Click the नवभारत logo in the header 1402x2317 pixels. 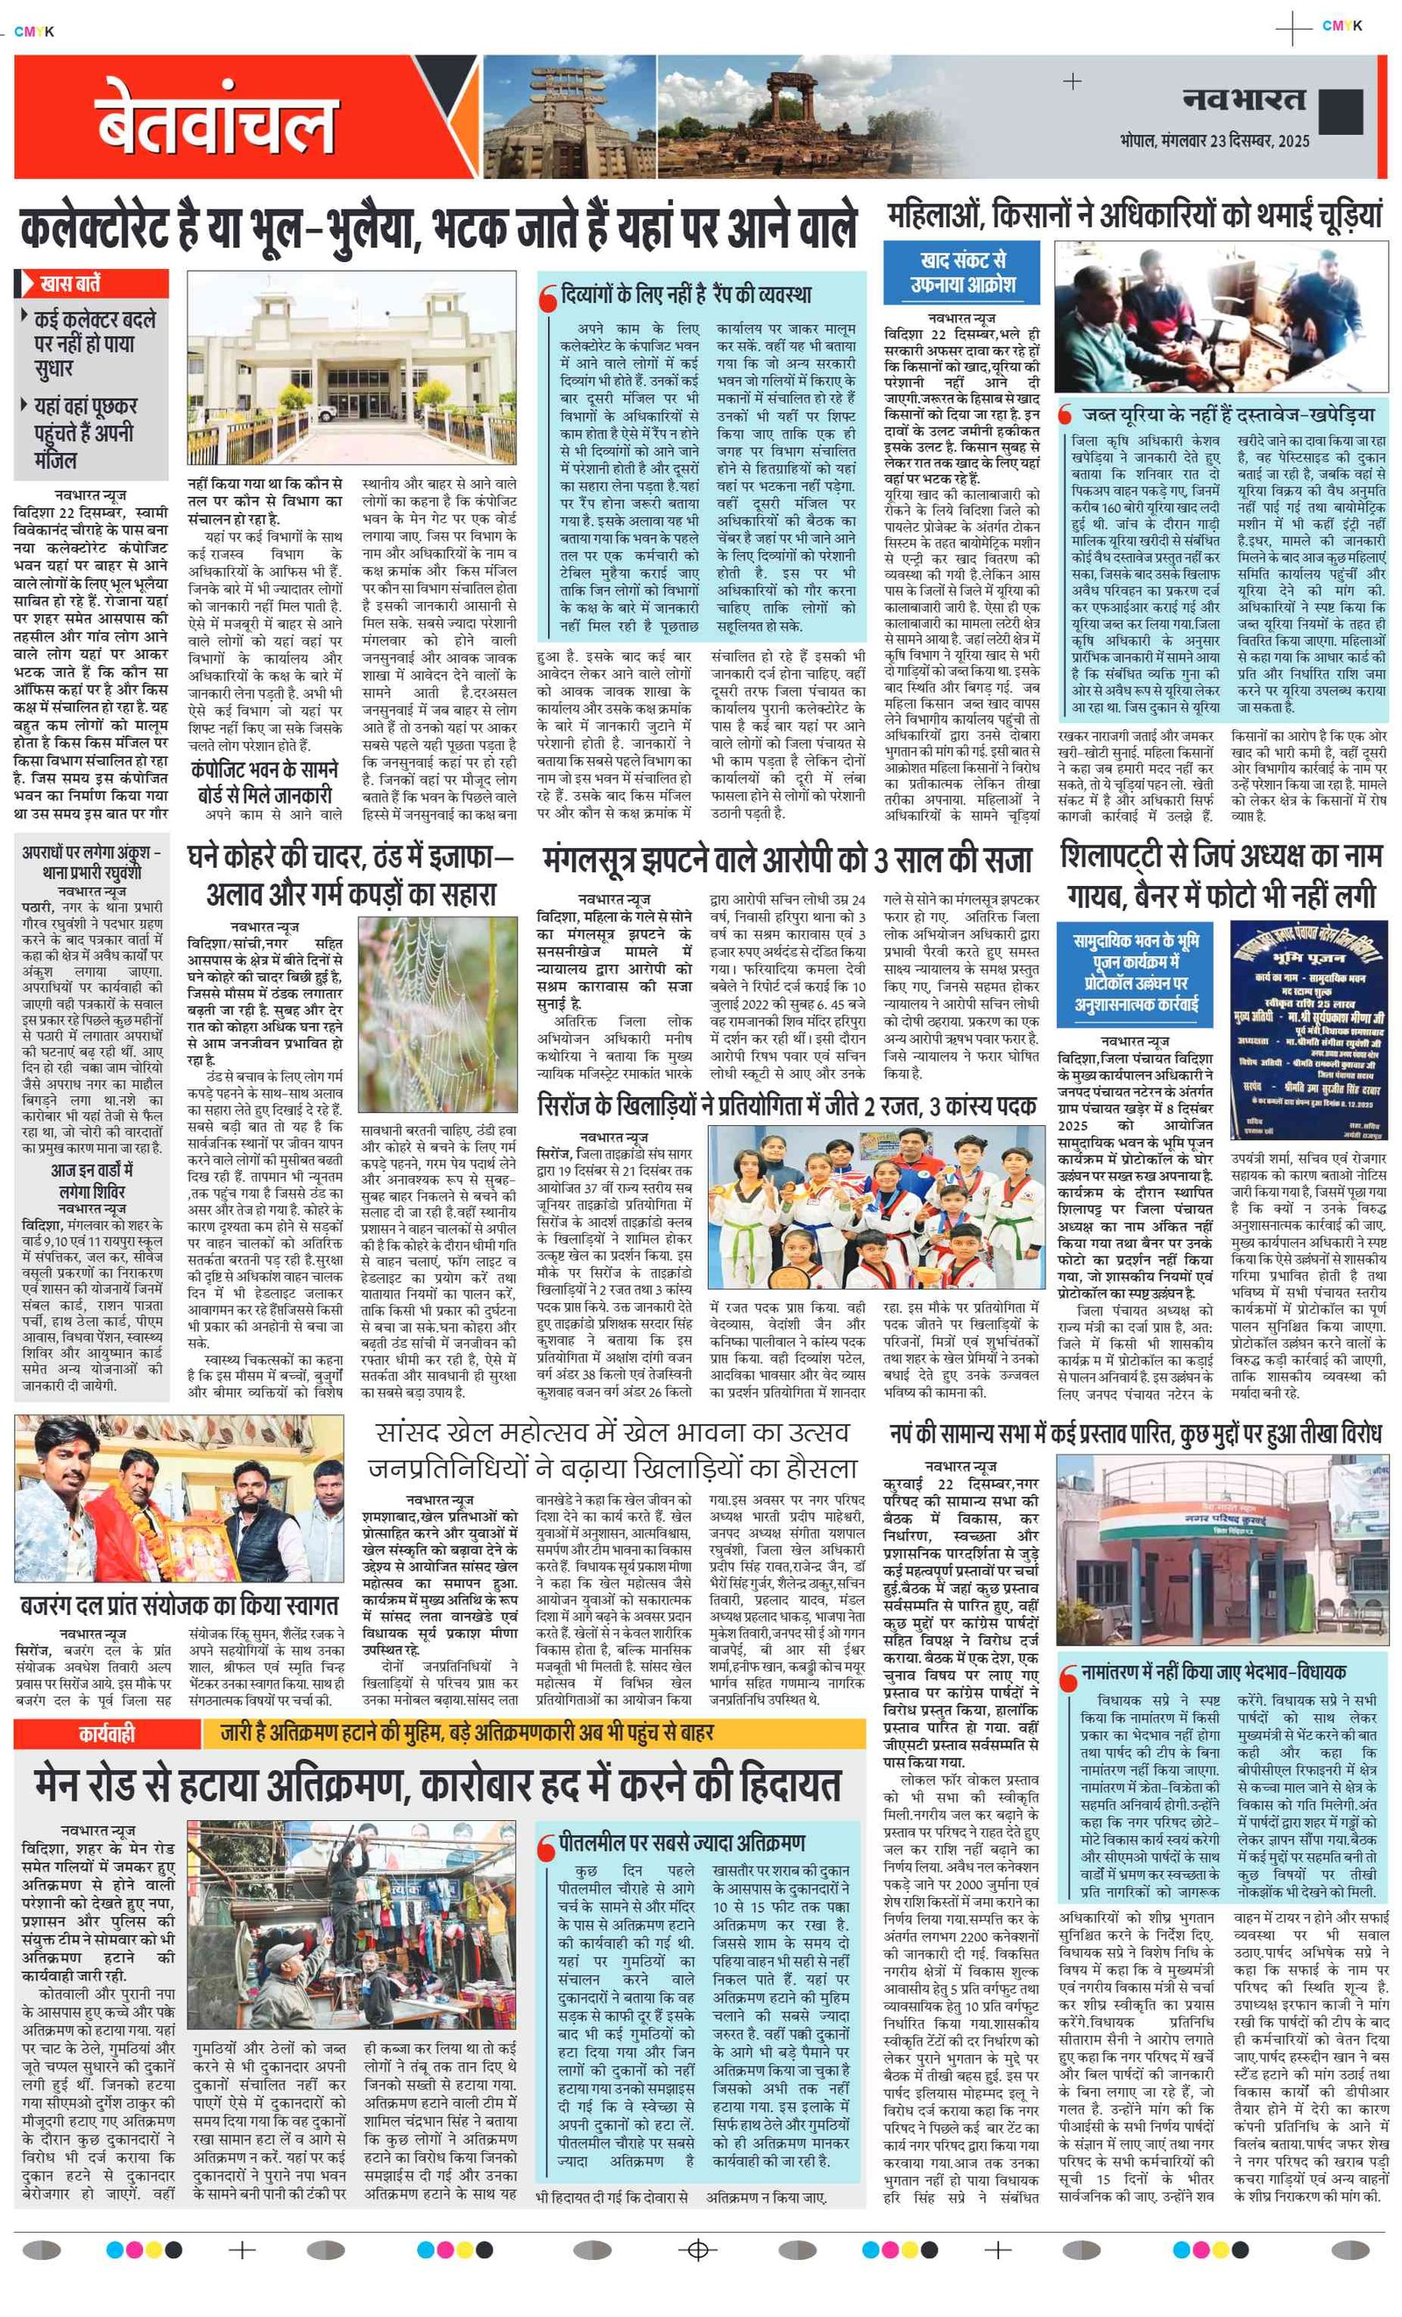[1243, 100]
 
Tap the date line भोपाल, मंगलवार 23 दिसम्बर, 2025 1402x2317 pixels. [1214, 141]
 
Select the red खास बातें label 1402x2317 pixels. [92, 283]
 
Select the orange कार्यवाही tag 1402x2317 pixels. [106, 1733]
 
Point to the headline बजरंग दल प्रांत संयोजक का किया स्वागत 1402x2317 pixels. [179, 1605]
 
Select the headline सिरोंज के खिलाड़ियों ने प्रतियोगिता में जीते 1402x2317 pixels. [786, 1106]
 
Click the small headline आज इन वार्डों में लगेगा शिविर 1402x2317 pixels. [91, 1180]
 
